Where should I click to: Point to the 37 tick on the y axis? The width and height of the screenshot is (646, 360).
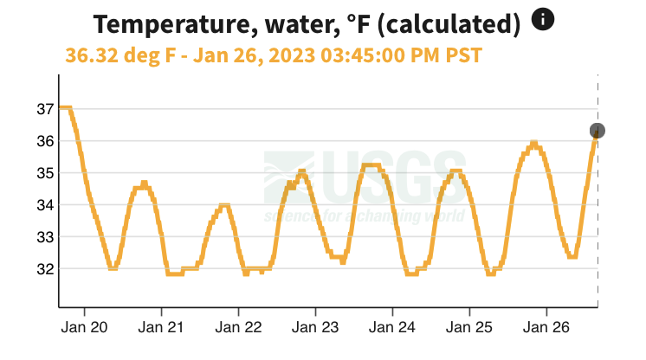coord(44,109)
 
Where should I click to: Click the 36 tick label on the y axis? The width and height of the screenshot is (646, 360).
coord(44,141)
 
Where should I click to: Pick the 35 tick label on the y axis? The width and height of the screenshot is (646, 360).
coord(44,173)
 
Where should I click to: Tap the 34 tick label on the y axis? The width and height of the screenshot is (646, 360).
coord(44,205)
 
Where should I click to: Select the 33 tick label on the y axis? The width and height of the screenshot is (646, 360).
coord(44,237)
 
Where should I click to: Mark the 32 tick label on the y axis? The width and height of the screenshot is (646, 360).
coord(44,269)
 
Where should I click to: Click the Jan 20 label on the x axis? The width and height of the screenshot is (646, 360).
coord(85,328)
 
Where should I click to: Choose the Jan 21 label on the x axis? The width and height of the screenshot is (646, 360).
coord(162,328)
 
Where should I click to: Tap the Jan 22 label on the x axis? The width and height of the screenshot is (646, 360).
coord(239,328)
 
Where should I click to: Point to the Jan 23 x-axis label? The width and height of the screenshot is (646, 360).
coord(316,328)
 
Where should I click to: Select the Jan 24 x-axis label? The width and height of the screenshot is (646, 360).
coord(393,328)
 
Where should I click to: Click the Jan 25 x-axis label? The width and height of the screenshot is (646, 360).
coord(470,328)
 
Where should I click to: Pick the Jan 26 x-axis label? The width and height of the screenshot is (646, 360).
coord(547,328)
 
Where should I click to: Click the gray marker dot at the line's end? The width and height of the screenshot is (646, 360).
coord(597,131)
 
